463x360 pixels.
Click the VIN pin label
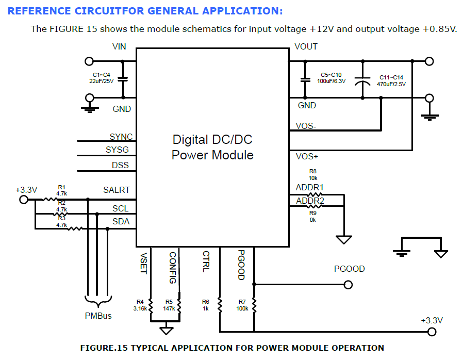click(119, 47)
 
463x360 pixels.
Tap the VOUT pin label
click(306, 47)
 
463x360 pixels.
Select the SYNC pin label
click(121, 137)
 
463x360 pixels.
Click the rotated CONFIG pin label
click(173, 268)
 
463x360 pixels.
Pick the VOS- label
click(306, 126)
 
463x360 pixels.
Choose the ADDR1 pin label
click(310, 187)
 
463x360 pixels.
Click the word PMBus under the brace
click(98, 316)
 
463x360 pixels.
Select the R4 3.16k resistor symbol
click(151, 304)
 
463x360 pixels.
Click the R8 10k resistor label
click(313, 174)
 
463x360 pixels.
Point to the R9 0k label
click(313, 216)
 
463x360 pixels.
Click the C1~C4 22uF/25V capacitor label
click(102, 78)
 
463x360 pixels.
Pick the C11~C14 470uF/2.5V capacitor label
click(391, 80)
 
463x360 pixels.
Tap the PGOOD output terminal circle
click(349, 285)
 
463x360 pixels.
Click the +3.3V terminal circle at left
click(23, 200)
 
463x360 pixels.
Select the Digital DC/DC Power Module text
click(212, 147)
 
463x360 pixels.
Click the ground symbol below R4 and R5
click(166, 329)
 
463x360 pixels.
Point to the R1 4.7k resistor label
click(62, 190)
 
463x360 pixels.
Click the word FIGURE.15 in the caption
click(104, 348)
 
